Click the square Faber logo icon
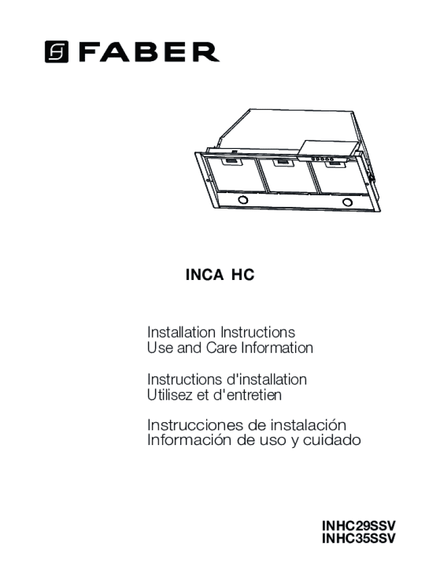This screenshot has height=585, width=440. coord(57,51)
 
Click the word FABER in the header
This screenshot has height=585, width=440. coord(149,52)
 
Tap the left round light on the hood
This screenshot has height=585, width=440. coord(243,200)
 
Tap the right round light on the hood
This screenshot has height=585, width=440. coord(347,203)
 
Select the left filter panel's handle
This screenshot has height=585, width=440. coord(232,162)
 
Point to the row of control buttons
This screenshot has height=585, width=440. coord(322,159)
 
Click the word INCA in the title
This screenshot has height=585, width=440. coord(205,275)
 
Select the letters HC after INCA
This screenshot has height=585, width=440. coord(243,275)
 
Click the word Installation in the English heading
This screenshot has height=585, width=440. coord(181,332)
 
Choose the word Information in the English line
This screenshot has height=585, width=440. coord(277,348)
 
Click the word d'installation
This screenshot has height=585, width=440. coord(266,379)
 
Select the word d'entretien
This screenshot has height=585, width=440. coord(247,395)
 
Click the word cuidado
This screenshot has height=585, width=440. coord(332,440)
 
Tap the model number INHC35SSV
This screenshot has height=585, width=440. coord(358,539)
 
